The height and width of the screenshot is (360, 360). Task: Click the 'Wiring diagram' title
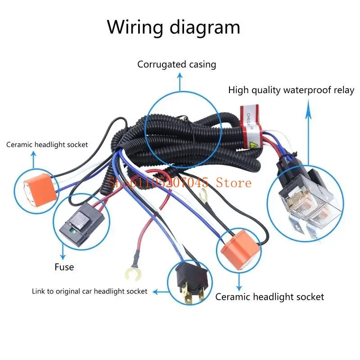tap(174, 27)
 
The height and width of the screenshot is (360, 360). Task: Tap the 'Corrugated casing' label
tap(176, 64)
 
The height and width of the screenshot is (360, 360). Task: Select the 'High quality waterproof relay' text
tap(291, 90)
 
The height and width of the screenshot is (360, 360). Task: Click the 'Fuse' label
tap(64, 267)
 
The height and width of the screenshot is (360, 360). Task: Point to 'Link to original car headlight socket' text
tap(90, 291)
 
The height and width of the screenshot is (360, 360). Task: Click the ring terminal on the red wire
tap(131, 271)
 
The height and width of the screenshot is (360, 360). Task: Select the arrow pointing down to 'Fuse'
tap(62, 252)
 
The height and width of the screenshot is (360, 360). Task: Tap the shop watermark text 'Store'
tap(236, 182)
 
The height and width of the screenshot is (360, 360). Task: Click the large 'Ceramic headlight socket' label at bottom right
tap(270, 297)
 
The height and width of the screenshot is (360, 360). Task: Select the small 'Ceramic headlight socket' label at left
tap(47, 144)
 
